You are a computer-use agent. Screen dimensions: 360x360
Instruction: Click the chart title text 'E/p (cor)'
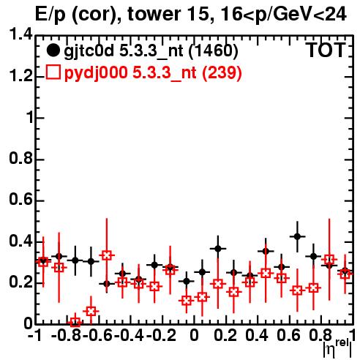pyautogui.click(x=75, y=15)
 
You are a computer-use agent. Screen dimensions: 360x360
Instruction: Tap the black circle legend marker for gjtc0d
pyautogui.click(x=53, y=50)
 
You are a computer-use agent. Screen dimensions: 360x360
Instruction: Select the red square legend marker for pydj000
pyautogui.click(x=53, y=72)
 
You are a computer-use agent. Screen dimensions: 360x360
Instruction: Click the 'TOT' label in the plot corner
pyautogui.click(x=326, y=50)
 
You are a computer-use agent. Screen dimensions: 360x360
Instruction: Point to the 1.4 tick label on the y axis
pyautogui.click(x=20, y=34)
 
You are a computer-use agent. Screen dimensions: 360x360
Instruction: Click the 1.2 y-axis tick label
pyautogui.click(x=20, y=76)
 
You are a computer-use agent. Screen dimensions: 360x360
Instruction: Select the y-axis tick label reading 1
pyautogui.click(x=29, y=117)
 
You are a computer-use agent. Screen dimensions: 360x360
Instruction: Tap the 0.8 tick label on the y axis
pyautogui.click(x=20, y=158)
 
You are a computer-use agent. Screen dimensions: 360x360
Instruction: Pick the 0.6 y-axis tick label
pyautogui.click(x=20, y=200)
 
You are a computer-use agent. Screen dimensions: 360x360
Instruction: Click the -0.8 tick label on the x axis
pyautogui.click(x=67, y=335)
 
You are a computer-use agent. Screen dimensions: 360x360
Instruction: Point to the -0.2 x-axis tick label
pyautogui.click(x=161, y=335)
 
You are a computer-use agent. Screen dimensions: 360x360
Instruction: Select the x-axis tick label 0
pyautogui.click(x=194, y=335)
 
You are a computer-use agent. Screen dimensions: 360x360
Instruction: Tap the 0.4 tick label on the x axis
pyautogui.click(x=257, y=335)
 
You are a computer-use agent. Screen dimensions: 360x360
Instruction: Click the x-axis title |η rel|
pyautogui.click(x=337, y=348)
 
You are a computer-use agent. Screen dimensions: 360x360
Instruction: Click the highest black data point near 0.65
pyautogui.click(x=297, y=236)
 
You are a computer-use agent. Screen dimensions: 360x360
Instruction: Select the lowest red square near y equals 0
pyautogui.click(x=75, y=322)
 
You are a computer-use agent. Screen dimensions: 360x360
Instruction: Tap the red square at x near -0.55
pyautogui.click(x=107, y=255)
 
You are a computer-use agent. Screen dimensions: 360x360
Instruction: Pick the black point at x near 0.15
pyautogui.click(x=218, y=249)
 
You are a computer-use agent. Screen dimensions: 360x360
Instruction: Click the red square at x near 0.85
pyautogui.click(x=329, y=260)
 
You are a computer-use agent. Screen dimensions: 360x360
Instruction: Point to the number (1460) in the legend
pyautogui.click(x=214, y=50)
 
